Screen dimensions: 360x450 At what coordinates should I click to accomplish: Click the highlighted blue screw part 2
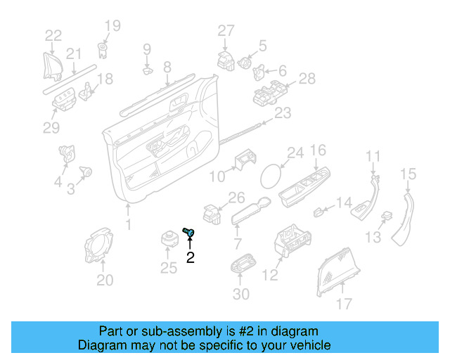(x=189, y=232)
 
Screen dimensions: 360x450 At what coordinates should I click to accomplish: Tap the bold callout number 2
(x=190, y=258)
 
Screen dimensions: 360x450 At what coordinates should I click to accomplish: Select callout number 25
(x=169, y=267)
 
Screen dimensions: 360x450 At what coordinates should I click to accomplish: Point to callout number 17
(x=343, y=304)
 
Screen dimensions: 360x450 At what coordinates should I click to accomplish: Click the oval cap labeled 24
(x=270, y=174)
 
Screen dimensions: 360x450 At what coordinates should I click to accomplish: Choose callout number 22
(x=53, y=35)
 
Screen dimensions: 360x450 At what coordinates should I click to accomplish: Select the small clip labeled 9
(x=148, y=70)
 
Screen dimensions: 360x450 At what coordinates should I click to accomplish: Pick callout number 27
(x=225, y=30)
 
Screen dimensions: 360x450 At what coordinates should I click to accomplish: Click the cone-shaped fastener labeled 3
(x=88, y=171)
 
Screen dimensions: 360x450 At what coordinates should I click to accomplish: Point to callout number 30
(x=240, y=294)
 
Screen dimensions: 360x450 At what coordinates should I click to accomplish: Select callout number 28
(x=307, y=79)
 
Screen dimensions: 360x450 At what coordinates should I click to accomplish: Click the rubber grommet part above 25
(x=169, y=237)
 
